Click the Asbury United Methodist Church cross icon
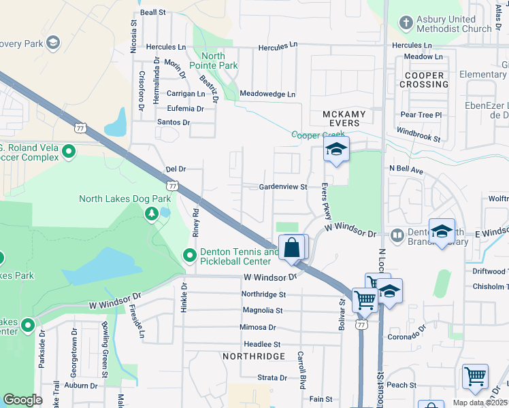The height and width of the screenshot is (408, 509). (x=406, y=22)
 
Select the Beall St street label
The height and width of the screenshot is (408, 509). (x=153, y=12)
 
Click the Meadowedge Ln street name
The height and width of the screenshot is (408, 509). (x=268, y=94)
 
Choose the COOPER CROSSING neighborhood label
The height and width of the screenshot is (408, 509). (x=423, y=80)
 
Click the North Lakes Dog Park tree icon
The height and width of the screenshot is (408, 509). (x=152, y=214)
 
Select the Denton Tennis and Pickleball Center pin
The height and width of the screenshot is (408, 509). (x=190, y=256)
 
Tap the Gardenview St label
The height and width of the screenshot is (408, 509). (x=283, y=187)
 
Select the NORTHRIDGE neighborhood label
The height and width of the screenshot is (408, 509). (x=252, y=356)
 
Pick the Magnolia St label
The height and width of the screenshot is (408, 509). (x=263, y=310)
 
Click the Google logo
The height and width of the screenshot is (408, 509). (x=22, y=399)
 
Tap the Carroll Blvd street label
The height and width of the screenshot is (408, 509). (x=300, y=371)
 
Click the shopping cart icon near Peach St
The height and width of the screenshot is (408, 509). (x=474, y=376)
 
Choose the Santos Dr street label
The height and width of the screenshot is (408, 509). (x=174, y=122)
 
